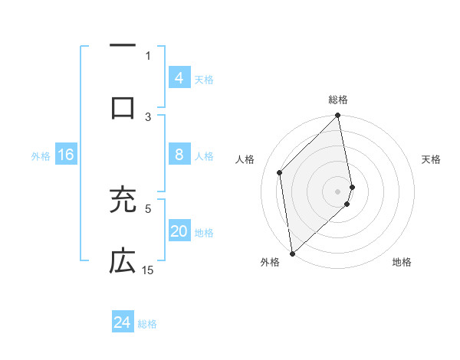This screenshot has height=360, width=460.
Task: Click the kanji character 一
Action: (123, 47)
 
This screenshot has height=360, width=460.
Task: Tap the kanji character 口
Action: (123, 108)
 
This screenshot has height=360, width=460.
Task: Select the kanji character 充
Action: (123, 200)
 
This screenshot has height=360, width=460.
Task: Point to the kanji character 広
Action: (123, 261)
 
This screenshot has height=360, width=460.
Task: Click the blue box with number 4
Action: (179, 77)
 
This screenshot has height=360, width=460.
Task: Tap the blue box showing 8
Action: (179, 155)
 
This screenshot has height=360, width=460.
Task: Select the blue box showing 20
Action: (179, 231)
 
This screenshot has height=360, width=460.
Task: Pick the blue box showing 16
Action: (65, 155)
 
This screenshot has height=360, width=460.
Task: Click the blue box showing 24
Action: (122, 322)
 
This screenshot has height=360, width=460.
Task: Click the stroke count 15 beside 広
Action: (148, 270)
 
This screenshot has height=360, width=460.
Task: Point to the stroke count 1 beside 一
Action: (148, 55)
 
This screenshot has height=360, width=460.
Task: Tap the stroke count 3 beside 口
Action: (148, 116)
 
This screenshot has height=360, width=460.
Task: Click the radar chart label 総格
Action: (338, 100)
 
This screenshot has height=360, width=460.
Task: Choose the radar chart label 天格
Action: (431, 159)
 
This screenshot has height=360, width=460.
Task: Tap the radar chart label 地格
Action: (402, 262)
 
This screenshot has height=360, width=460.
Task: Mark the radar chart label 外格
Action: (270, 262)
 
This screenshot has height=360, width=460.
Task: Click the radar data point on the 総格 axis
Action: (338, 116)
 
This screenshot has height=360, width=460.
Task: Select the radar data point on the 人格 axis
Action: (280, 172)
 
